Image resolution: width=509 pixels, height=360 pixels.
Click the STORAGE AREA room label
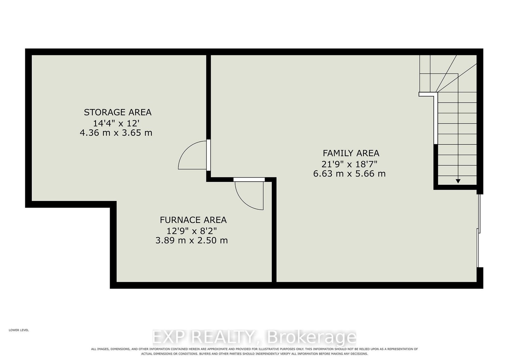pyautogui.click(x=118, y=112)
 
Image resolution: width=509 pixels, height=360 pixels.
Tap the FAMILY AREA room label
pyautogui.click(x=351, y=153)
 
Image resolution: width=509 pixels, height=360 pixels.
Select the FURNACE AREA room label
pyautogui.click(x=193, y=220)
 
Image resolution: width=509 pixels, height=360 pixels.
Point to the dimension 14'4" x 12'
pyautogui.click(x=116, y=123)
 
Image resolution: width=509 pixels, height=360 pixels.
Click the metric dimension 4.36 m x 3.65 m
pyautogui.click(x=116, y=133)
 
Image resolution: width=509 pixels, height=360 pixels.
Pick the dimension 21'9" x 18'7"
pyautogui.click(x=349, y=164)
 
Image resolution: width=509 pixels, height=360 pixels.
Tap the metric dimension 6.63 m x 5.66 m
pyautogui.click(x=349, y=174)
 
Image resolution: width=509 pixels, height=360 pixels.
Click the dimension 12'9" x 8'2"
pyautogui.click(x=192, y=231)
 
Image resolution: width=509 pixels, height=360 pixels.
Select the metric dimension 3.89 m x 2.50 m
pyautogui.click(x=192, y=240)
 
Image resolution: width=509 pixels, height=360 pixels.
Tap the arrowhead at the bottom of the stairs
pyautogui.click(x=458, y=181)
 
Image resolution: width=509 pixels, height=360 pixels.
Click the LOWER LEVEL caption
pyautogui.click(x=19, y=330)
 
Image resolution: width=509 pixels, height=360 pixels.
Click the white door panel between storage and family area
pyautogui.click(x=208, y=155)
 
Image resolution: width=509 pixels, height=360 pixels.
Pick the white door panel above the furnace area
pyautogui.click(x=249, y=179)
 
